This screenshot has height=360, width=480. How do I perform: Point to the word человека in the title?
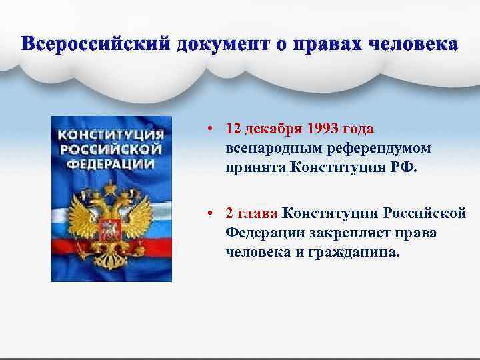pos(411,45)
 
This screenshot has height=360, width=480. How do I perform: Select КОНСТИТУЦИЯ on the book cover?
pos(111,135)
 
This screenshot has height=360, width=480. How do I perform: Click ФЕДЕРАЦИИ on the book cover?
pos(111,163)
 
